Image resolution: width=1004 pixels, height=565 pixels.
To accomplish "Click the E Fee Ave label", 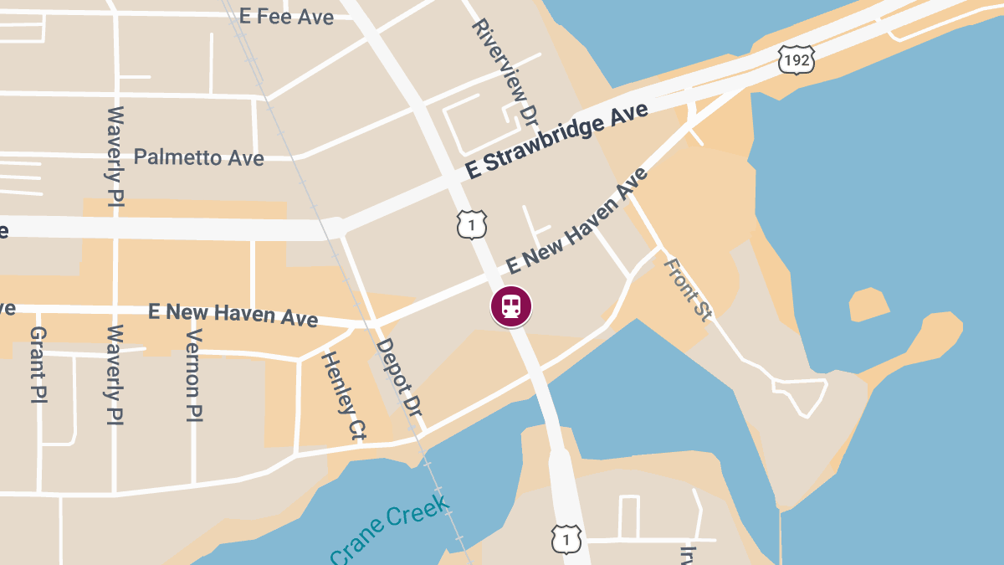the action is click(286, 17).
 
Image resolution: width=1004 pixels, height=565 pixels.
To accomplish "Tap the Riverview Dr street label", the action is click(504, 72).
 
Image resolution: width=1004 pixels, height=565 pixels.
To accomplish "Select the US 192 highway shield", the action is click(795, 59).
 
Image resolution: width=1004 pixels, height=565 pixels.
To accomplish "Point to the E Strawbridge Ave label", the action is click(557, 141).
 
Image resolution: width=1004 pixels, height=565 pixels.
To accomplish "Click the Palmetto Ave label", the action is click(198, 157).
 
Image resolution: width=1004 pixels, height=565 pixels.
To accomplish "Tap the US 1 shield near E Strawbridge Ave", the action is click(472, 224).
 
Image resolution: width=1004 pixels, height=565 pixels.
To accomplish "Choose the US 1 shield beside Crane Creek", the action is click(566, 538).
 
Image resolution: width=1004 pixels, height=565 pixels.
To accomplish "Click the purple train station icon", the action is click(510, 306).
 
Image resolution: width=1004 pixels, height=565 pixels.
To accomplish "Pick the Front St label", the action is click(688, 289).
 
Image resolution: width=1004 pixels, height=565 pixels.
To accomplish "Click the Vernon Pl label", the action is click(194, 373).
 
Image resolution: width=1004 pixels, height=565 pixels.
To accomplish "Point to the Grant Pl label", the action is click(38, 364).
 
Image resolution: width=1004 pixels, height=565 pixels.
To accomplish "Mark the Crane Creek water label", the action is click(390, 530).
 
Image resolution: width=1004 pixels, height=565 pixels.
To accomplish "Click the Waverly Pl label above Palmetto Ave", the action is click(115, 155).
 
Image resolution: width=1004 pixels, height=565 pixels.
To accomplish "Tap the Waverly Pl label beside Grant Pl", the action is click(115, 374).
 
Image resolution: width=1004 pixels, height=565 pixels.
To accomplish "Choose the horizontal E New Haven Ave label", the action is click(233, 314).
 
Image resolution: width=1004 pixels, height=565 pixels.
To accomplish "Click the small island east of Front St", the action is click(868, 304).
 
